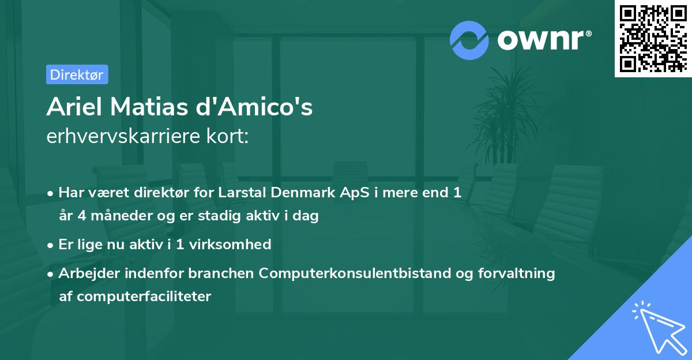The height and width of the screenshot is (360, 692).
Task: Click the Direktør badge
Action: coord(77,74)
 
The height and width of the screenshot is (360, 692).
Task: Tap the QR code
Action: coord(653,39)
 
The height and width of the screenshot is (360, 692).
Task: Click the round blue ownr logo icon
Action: coord(469,40)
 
